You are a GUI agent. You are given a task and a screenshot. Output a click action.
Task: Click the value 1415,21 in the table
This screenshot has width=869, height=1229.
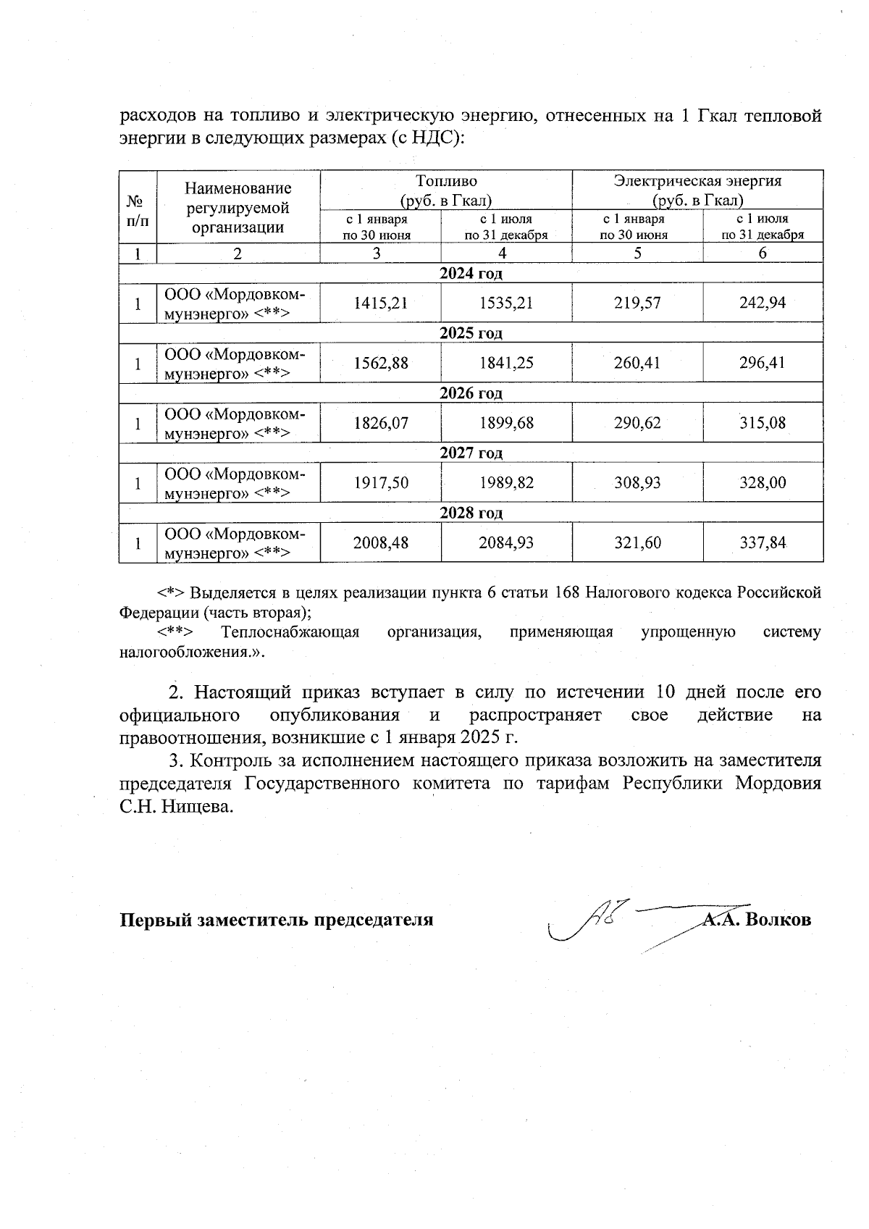pyautogui.click(x=380, y=303)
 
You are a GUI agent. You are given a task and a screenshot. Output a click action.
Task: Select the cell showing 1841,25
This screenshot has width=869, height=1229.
pyautogui.click(x=506, y=363)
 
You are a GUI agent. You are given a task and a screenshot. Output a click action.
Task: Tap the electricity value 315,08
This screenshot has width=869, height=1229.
pyautogui.click(x=763, y=422)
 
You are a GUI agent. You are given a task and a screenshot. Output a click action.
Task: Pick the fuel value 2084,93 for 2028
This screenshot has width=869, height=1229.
pyautogui.click(x=506, y=542)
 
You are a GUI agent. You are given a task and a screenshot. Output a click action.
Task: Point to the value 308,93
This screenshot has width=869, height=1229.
pyautogui.click(x=637, y=482)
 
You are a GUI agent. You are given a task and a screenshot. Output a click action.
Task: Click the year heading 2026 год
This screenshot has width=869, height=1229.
pyautogui.click(x=471, y=393)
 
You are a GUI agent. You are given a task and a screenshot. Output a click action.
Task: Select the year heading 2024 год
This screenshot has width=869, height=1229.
pyautogui.click(x=471, y=273)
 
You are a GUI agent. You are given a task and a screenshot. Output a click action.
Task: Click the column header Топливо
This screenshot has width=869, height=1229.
pyautogui.click(x=446, y=181)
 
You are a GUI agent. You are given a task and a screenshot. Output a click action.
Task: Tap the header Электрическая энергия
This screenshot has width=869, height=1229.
pyautogui.click(x=697, y=181)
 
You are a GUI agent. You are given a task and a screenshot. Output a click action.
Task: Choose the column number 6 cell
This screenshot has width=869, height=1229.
pyautogui.click(x=763, y=253)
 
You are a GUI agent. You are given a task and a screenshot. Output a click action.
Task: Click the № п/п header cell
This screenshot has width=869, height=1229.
pyautogui.click(x=138, y=210)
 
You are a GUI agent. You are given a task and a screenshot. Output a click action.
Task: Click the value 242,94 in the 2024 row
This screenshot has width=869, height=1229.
pyautogui.click(x=763, y=303)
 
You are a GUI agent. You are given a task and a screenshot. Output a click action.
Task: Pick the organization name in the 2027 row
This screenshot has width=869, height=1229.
pyautogui.click(x=235, y=483)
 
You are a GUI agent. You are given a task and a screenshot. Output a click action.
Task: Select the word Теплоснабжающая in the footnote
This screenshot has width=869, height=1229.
pyautogui.click(x=290, y=632)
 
